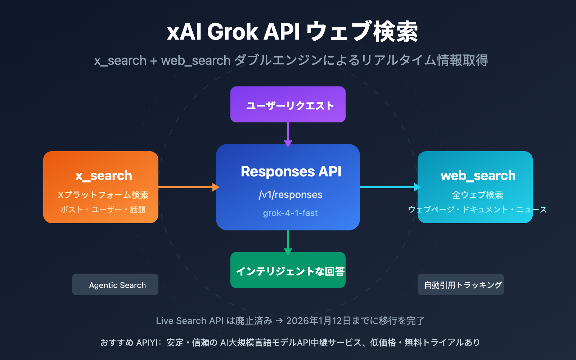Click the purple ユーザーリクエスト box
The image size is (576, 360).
tap(288, 105)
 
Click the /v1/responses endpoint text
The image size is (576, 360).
tap(291, 195)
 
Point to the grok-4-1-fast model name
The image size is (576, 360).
tap(290, 213)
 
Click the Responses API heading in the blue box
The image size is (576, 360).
tap(291, 172)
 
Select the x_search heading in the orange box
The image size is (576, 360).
tap(104, 176)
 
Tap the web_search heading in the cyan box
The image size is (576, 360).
tap(478, 176)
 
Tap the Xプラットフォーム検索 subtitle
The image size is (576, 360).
tap(103, 195)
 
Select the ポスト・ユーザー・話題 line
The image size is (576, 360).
tap(103, 210)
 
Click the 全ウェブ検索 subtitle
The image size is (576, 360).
tap(477, 195)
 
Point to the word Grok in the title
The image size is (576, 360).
tap(233, 32)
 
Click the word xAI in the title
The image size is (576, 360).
tap(184, 32)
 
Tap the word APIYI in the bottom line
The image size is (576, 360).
tap(147, 342)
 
